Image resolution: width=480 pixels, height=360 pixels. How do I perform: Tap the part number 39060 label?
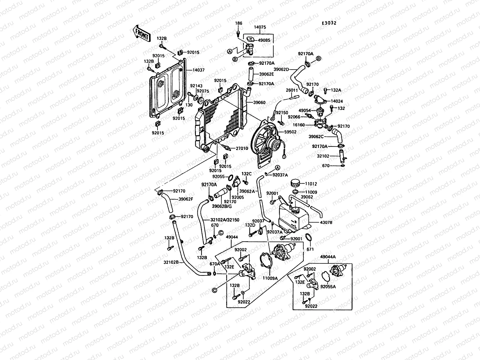coord(259,102)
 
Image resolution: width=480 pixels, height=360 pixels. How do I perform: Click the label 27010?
coord(241,148)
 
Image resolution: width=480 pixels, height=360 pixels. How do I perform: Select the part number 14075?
coord(260,27)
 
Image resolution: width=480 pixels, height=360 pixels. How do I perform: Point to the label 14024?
coord(337,101)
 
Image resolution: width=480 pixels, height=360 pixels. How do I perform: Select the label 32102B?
coord(171,262)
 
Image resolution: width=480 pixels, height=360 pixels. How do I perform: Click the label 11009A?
coord(271,278)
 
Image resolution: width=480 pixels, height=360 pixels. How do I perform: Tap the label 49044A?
coord(328,257)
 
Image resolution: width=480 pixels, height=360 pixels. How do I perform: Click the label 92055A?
coord(328,286)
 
